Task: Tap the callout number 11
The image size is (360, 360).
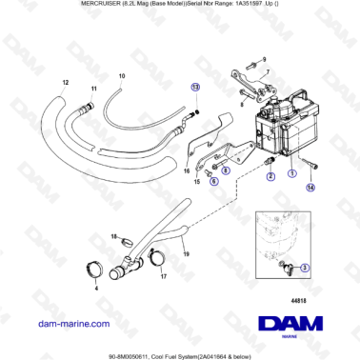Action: (x=93, y=89)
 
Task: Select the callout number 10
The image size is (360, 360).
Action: (x=120, y=75)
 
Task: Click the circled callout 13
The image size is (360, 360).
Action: (x=195, y=87)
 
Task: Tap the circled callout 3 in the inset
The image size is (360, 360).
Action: (x=304, y=269)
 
